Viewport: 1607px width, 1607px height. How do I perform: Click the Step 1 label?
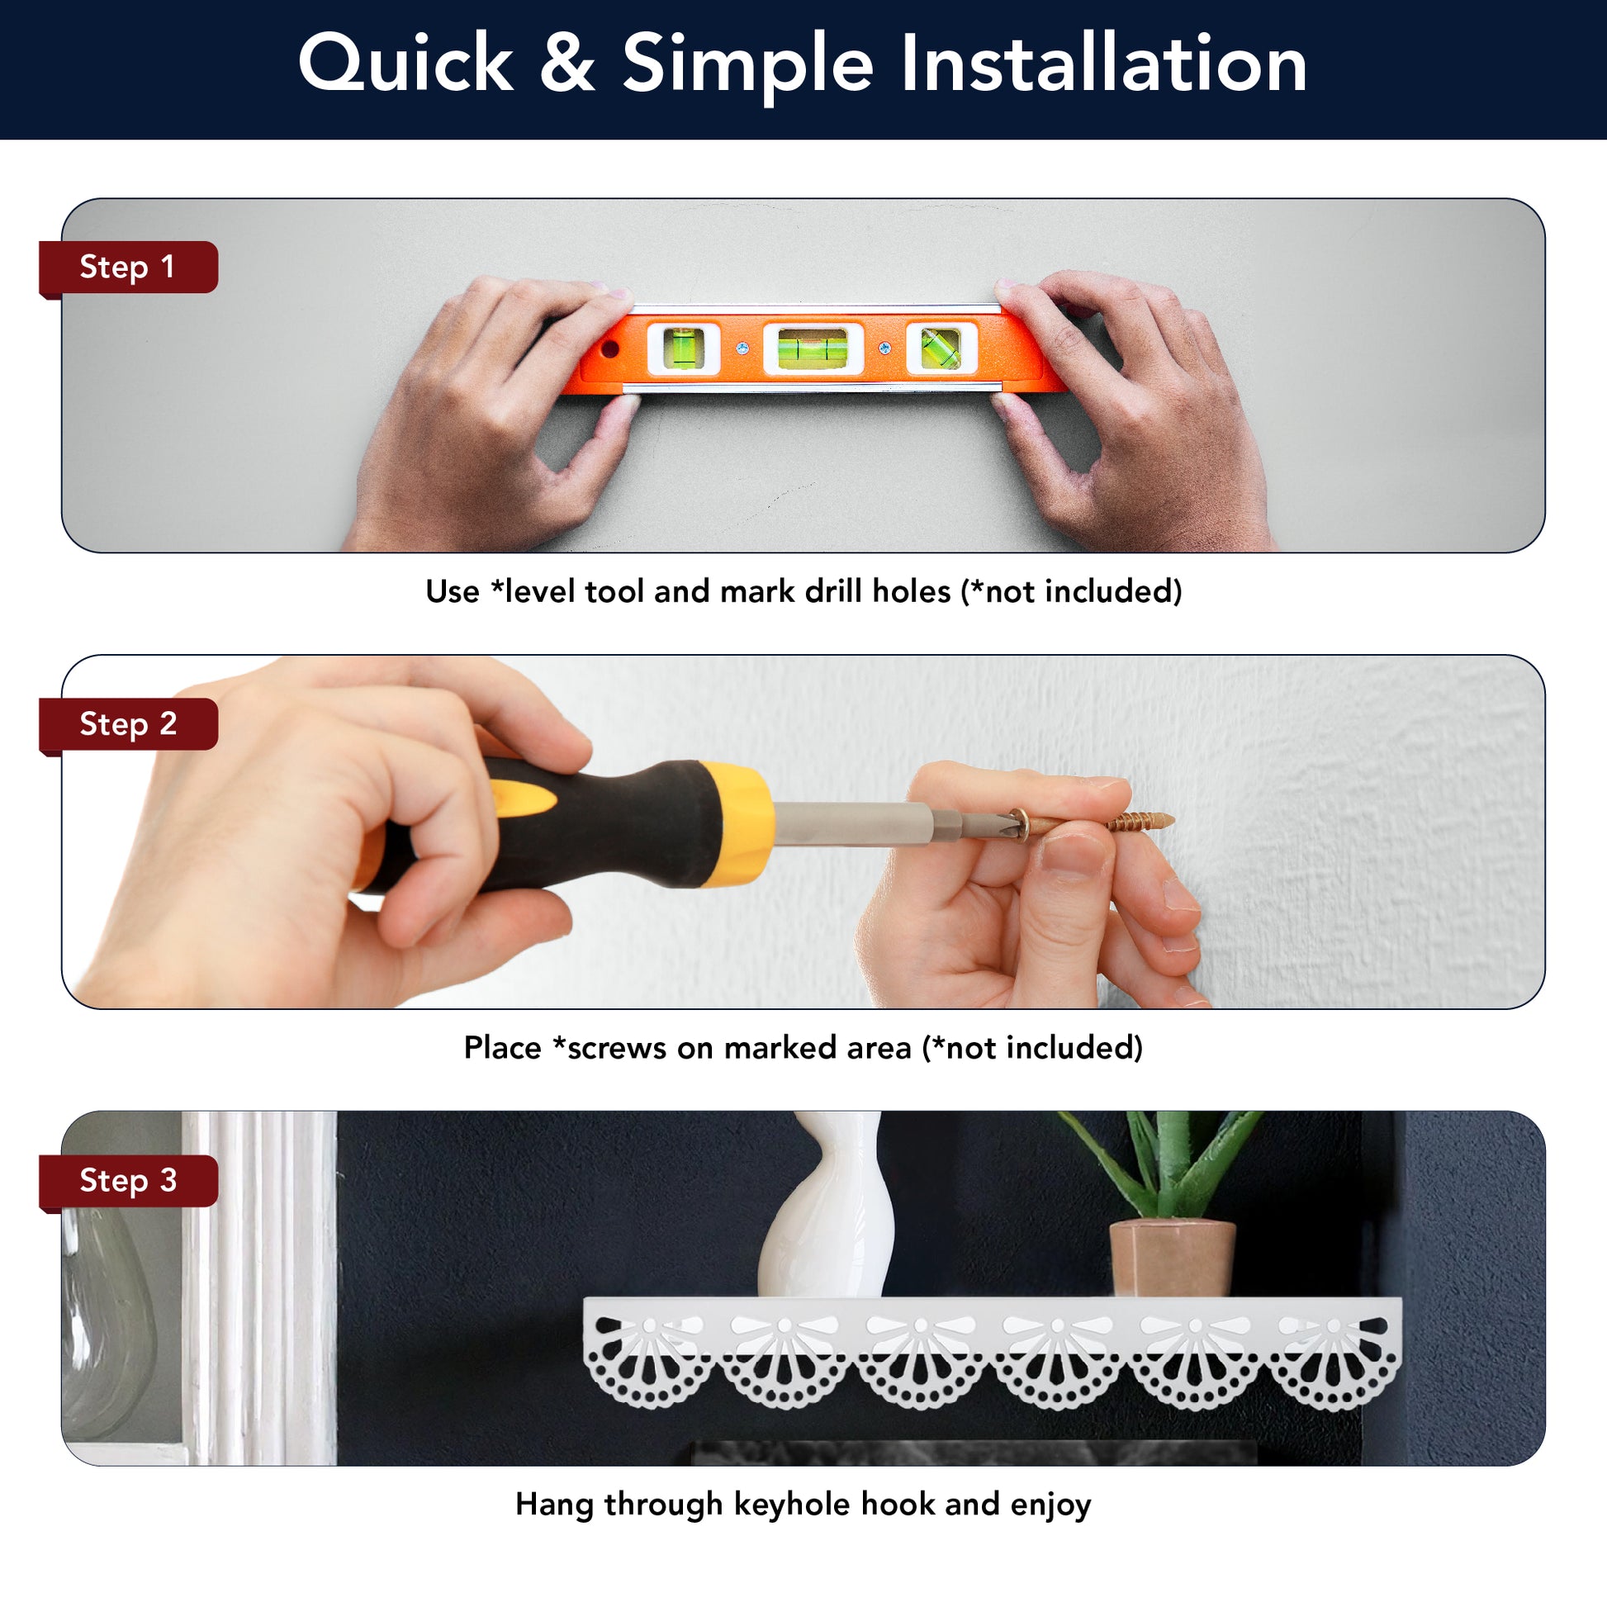(127, 267)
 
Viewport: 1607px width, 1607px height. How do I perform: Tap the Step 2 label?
(127, 723)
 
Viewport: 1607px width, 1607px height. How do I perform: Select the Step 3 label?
(127, 1180)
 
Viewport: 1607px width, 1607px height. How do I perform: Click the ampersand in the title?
(567, 64)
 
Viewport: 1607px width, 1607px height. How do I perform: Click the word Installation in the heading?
(1103, 64)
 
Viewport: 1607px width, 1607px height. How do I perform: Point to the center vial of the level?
(813, 348)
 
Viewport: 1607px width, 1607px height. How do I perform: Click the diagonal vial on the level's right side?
(940, 348)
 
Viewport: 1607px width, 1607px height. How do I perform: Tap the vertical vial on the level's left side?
(684, 347)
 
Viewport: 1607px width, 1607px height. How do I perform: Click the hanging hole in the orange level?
(610, 347)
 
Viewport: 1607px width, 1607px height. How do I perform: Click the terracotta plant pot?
(1172, 1259)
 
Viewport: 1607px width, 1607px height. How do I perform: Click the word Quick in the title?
(406, 64)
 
